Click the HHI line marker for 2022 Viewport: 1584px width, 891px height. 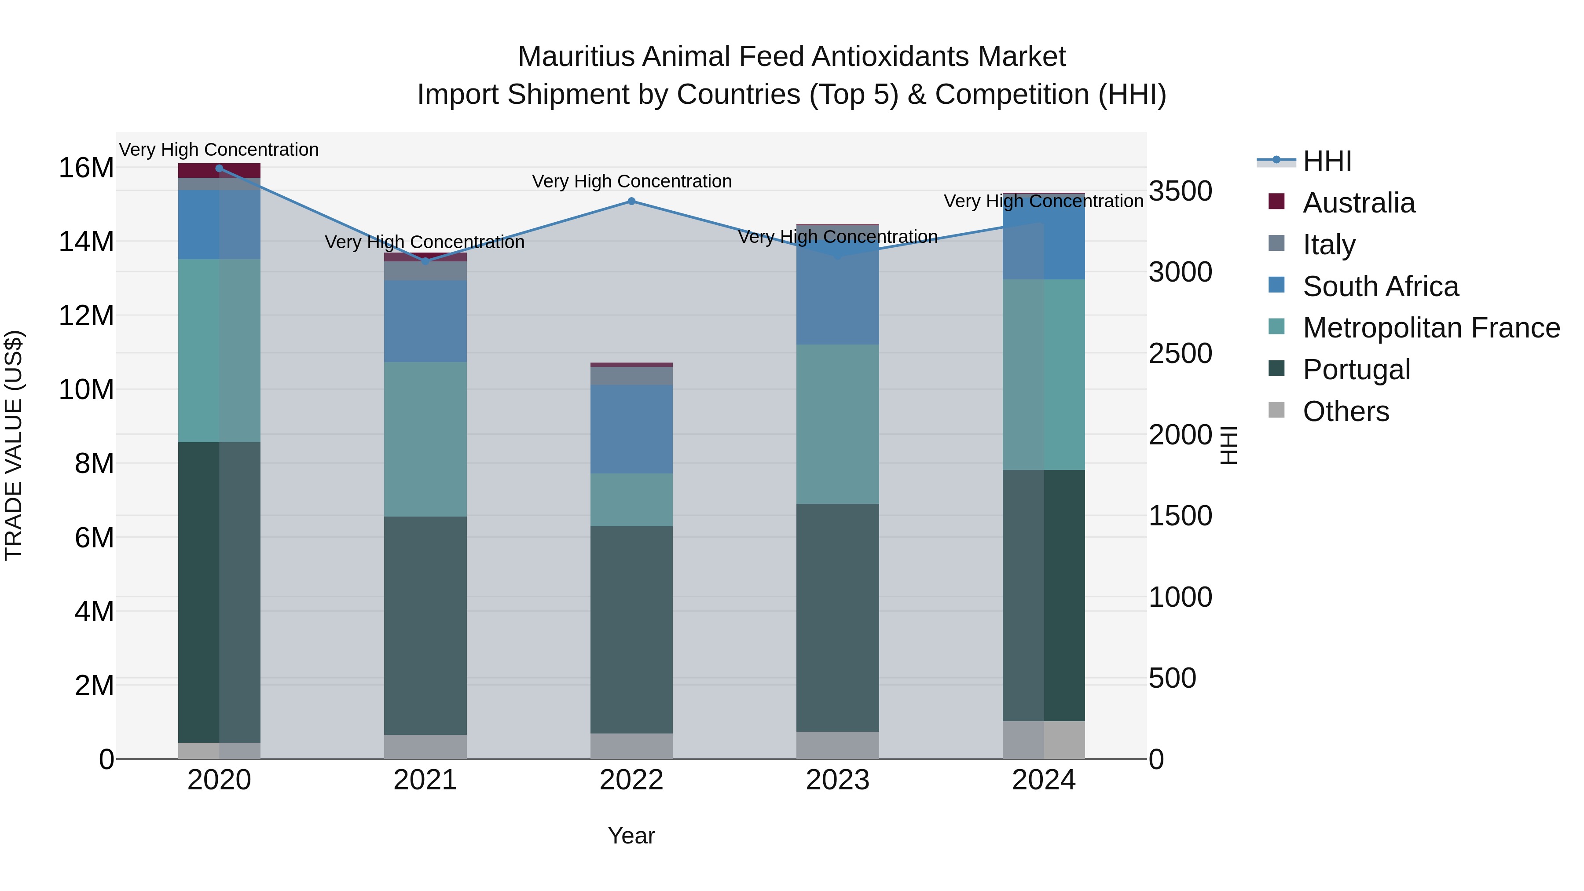[x=631, y=201]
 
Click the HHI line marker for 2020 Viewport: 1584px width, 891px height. [x=219, y=169]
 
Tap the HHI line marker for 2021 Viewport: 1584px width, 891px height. [x=425, y=261]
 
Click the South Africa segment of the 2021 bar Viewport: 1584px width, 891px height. [x=425, y=321]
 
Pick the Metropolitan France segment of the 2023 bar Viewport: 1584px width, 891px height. [x=837, y=424]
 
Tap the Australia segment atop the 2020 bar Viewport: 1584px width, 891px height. [x=219, y=170]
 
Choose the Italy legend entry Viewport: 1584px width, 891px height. [x=1328, y=245]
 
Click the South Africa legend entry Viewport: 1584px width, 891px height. [x=1380, y=286]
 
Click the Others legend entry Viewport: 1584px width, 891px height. [x=1346, y=411]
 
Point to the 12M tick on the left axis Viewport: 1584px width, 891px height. [x=86, y=315]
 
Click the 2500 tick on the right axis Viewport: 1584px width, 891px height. [x=1180, y=354]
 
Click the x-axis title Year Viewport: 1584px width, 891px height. [x=631, y=836]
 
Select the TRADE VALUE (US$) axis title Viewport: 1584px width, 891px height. [x=14, y=445]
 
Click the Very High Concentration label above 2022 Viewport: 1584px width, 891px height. [x=631, y=181]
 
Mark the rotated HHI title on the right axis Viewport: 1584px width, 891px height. [x=1228, y=445]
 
